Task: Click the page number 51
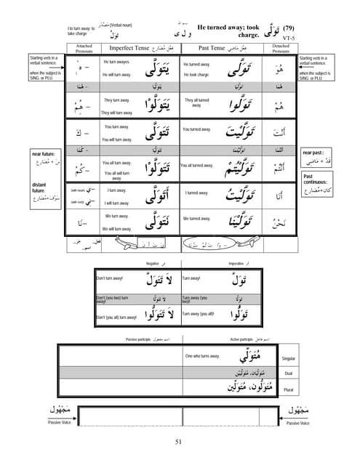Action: tap(180, 442)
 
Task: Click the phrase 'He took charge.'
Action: tap(196, 75)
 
